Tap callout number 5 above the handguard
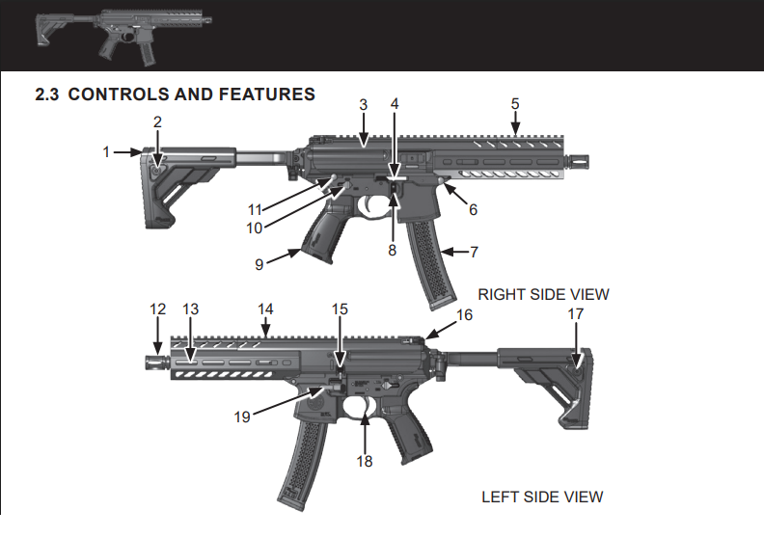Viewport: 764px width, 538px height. [515, 103]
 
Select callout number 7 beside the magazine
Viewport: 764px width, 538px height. [474, 252]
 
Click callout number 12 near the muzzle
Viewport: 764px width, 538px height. [158, 309]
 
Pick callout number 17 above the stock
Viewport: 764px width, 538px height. [576, 313]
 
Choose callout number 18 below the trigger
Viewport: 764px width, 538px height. [364, 461]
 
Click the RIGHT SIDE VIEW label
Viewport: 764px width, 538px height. [543, 294]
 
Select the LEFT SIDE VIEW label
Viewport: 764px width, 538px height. [542, 497]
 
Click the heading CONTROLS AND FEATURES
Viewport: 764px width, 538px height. [192, 94]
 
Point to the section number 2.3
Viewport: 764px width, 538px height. [48, 94]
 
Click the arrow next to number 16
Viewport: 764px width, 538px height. [434, 331]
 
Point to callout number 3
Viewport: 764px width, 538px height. [364, 103]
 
